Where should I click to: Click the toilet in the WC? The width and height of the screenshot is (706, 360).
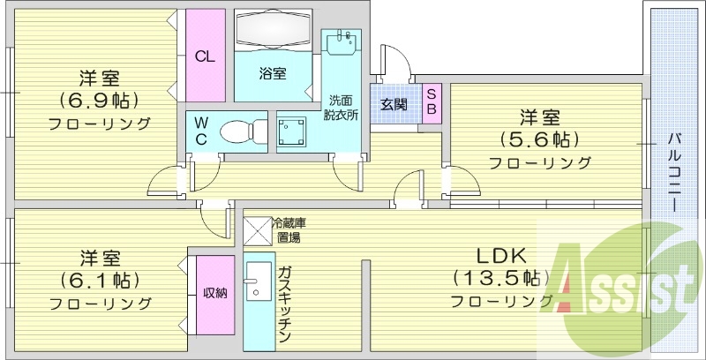coord(244,131)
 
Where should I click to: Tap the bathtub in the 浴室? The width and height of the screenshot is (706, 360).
coord(274,28)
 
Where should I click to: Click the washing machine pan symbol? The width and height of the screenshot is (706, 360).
coord(291,131)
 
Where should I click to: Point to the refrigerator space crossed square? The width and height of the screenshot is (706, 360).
coord(258,231)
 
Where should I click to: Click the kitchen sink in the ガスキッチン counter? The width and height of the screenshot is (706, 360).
coord(259,281)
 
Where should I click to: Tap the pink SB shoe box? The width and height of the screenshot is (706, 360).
coord(432,104)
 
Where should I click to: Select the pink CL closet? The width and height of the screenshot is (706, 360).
coord(206,55)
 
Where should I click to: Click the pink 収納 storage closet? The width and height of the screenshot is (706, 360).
coord(215,295)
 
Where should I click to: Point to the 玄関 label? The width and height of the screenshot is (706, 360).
coord(394,105)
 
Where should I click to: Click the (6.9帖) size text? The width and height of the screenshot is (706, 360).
coord(99,101)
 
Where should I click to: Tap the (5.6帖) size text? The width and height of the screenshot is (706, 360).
coord(539,140)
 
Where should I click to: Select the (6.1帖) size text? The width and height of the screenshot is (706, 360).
coord(100,281)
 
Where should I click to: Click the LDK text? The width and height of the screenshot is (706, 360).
coord(502,256)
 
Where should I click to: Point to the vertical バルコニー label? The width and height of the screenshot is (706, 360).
coord(673,172)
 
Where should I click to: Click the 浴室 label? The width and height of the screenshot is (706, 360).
coord(273,73)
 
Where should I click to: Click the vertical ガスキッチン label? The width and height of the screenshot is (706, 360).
coord(285,304)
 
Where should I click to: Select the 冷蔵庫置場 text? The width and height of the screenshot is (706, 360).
coord(289,230)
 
